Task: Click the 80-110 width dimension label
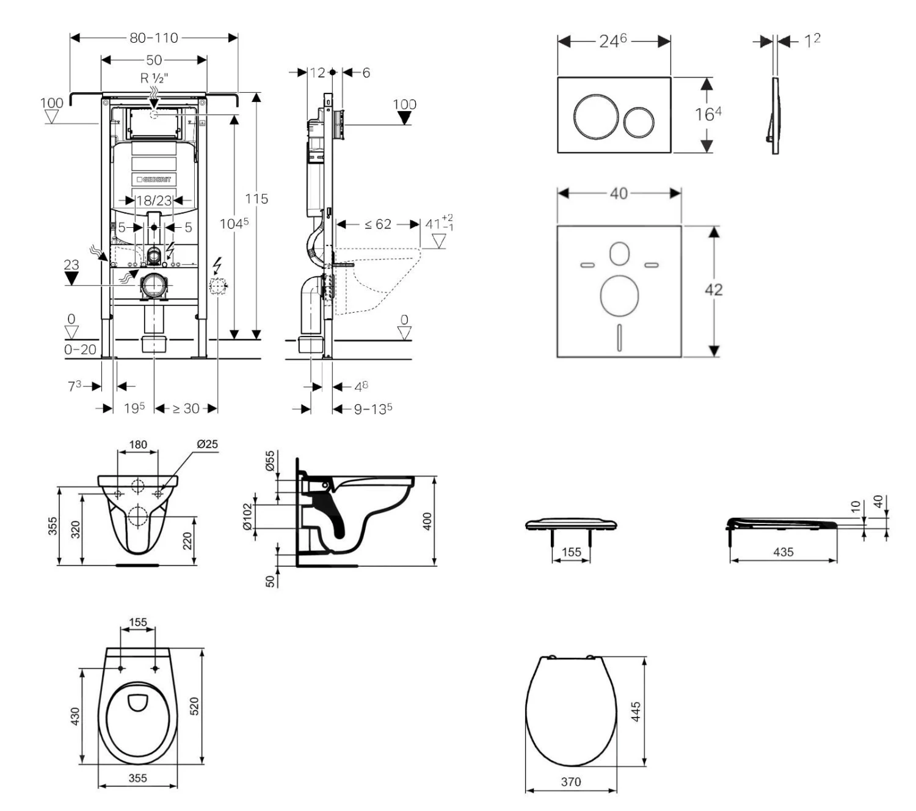(x=154, y=38)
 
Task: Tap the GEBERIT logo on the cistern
(x=154, y=180)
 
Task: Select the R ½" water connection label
(x=154, y=78)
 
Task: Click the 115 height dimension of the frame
(x=256, y=198)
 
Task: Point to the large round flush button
(x=591, y=114)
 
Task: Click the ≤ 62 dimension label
(x=378, y=225)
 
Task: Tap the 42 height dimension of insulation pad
(x=713, y=289)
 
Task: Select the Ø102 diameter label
(x=247, y=517)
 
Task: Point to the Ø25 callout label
(x=207, y=444)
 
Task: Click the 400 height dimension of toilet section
(x=427, y=521)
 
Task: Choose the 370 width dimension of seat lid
(x=571, y=782)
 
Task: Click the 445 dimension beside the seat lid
(x=636, y=711)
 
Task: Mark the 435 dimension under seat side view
(x=783, y=552)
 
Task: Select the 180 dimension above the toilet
(x=138, y=444)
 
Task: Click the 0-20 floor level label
(x=80, y=349)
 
